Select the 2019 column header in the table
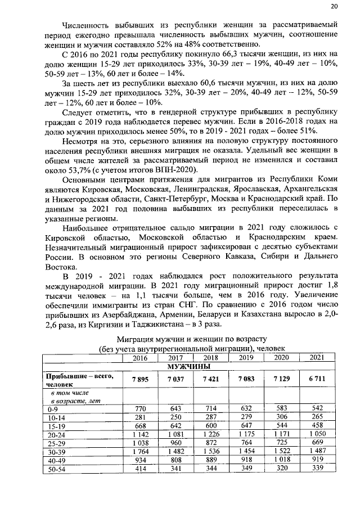[x=246, y=358]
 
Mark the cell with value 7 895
[x=141, y=380]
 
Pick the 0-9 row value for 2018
[x=211, y=408]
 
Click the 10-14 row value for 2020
[x=281, y=417]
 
